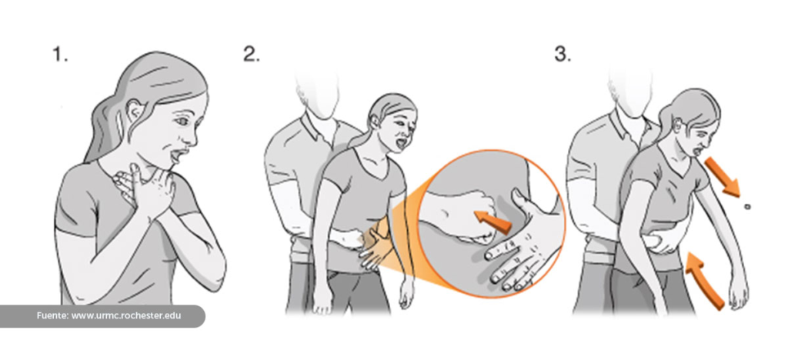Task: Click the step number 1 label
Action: point(60,54)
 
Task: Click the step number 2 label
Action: point(252,54)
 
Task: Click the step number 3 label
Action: point(563,54)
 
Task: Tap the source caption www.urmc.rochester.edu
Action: point(126,316)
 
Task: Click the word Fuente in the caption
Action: point(52,316)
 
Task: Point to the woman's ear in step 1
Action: point(135,110)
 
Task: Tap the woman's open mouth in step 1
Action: point(176,155)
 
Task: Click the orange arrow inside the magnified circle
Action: point(493,222)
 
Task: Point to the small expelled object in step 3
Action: point(748,206)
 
